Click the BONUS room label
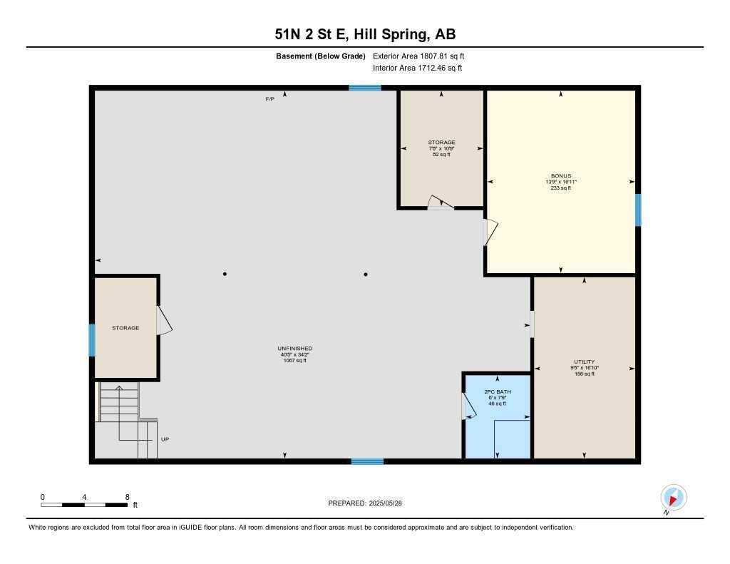tap(560, 175)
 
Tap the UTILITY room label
tap(584, 362)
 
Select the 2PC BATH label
tap(497, 392)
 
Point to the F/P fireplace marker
tap(270, 98)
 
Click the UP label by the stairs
tap(165, 439)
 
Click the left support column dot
tap(225, 274)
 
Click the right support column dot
tap(366, 274)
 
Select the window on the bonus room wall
tap(638, 210)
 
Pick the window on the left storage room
tap(92, 340)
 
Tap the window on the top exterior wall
tap(364, 88)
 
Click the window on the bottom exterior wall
tap(367, 461)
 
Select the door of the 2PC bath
tap(468, 406)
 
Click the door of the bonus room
tap(490, 232)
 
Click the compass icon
tap(673, 497)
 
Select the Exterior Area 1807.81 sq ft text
tap(418, 56)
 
